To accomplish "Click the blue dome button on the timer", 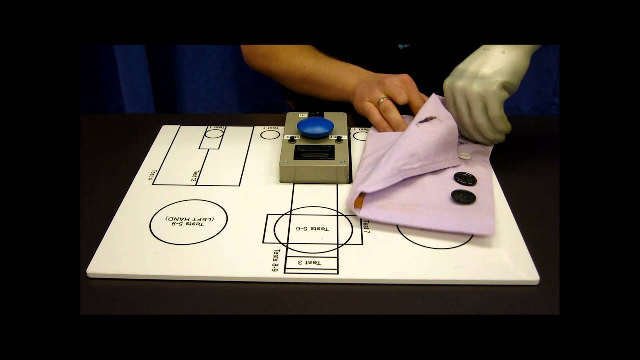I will [312, 127].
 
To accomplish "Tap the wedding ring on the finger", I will [383, 101].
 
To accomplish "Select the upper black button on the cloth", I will [465, 179].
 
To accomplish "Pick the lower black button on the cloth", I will [463, 196].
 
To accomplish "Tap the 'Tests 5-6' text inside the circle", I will [313, 228].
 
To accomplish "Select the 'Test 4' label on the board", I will [151, 175].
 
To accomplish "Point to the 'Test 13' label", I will [194, 175].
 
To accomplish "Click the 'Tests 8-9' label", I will [275, 260].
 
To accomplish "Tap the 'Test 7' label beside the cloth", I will [366, 227].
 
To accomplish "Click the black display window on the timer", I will [313, 152].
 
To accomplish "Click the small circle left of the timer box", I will [270, 134].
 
